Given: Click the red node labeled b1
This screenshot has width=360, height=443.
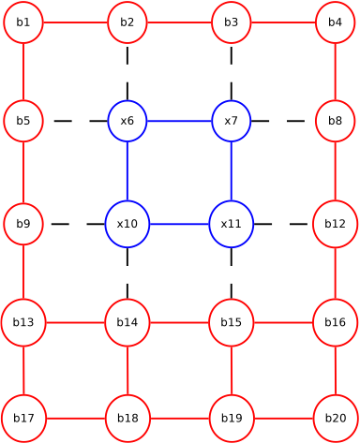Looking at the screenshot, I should point(23,22).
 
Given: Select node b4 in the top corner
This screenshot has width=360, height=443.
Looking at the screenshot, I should point(335,22).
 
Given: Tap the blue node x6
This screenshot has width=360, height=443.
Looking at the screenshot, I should point(127,121).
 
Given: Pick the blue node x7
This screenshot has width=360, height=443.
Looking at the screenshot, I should point(232,121).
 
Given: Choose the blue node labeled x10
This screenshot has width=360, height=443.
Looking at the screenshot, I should point(127,225).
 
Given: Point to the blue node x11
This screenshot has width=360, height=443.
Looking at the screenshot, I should point(232,225).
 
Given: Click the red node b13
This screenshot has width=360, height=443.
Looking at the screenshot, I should point(23,322).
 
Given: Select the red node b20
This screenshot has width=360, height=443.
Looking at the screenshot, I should point(335,418).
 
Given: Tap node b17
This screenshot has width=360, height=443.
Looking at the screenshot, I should point(23,418).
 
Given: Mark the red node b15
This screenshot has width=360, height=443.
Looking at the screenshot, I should point(231,322).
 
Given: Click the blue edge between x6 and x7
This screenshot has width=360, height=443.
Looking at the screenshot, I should point(179,121).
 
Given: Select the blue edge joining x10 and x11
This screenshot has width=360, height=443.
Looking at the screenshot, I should point(179,225).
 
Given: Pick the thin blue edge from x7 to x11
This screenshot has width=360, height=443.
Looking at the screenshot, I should point(232,172).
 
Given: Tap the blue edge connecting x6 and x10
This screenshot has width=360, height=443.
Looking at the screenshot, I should point(127,172).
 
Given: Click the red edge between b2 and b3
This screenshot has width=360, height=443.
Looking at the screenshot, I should point(179,22).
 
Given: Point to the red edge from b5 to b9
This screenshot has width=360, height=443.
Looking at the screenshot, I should point(23,172).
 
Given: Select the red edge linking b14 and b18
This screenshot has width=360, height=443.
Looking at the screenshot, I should point(127,370).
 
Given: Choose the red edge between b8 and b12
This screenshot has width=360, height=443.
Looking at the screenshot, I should point(335,172).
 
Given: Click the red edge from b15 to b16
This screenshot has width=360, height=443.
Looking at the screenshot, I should point(282,322).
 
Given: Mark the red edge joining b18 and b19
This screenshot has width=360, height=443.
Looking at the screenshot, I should point(179,418).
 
